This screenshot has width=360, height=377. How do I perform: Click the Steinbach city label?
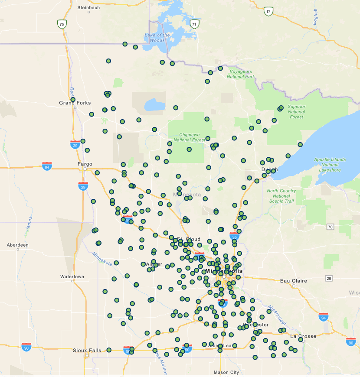(88, 8)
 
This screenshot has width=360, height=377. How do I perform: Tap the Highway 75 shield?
(62, 24)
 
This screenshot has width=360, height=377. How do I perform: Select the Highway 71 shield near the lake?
(195, 24)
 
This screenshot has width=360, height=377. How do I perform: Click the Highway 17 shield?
(269, 11)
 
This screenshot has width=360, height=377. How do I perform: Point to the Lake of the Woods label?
(157, 38)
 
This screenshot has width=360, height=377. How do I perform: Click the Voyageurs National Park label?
(241, 74)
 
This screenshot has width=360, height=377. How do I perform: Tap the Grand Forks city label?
(75, 103)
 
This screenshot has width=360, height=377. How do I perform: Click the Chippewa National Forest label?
(190, 137)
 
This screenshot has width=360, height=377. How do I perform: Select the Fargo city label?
(85, 164)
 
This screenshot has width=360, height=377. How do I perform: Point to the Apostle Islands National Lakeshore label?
(330, 165)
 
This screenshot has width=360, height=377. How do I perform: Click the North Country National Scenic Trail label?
(281, 196)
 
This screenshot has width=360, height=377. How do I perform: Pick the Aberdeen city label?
(17, 245)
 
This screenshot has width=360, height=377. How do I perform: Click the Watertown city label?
(72, 276)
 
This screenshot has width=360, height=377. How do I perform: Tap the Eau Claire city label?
(294, 281)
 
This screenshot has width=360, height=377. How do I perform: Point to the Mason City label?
(226, 372)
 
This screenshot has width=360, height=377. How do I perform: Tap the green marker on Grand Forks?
(73, 100)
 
